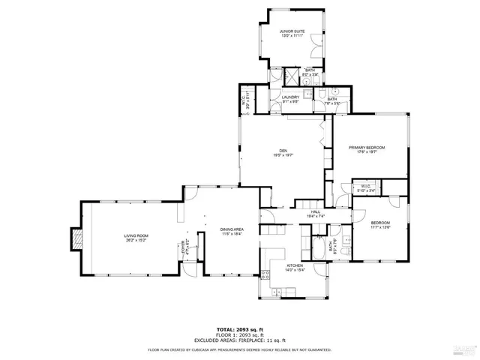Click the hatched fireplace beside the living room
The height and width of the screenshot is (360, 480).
tap(73, 238)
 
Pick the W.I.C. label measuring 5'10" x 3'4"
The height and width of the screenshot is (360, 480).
tap(366, 188)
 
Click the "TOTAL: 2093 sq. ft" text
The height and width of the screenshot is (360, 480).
tap(239, 330)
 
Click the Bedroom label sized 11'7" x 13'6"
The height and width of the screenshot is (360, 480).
tap(381, 225)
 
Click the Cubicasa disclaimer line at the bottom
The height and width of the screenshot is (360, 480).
tap(239, 349)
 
